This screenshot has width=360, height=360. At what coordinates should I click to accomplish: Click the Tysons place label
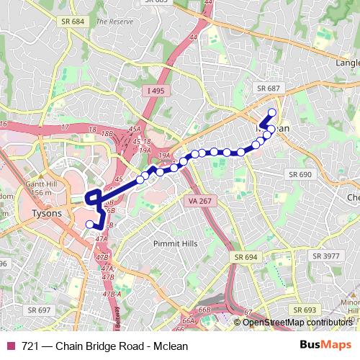pos(48,214)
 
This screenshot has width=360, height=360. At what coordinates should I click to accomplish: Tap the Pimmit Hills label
pos(175,244)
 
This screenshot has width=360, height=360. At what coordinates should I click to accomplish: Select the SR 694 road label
pos(246,256)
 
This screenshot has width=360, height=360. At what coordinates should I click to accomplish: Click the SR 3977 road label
pos(327,256)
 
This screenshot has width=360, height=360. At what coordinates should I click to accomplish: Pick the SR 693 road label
pos(305,310)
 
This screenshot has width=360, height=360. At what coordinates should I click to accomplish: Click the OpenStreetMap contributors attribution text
pos(297,323)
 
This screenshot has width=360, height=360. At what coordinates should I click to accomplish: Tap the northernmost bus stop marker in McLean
pos(272,112)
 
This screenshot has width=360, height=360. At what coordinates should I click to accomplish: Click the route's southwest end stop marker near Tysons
pos(90,225)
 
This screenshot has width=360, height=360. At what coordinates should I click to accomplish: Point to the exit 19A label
pos(164,155)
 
